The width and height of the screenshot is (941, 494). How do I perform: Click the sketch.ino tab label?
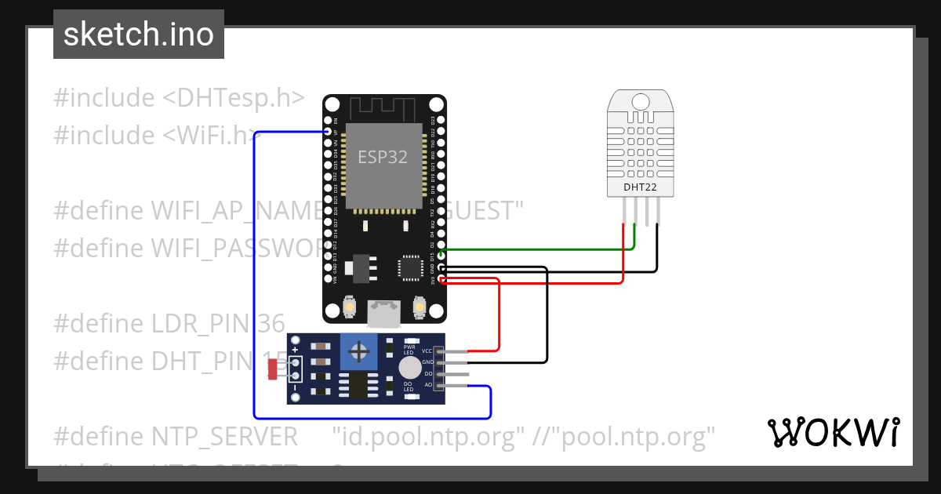(x=138, y=35)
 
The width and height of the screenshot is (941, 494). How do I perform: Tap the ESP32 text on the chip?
(x=383, y=157)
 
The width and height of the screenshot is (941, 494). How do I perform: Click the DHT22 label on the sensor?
(x=640, y=187)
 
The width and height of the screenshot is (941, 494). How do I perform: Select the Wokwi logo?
(x=833, y=432)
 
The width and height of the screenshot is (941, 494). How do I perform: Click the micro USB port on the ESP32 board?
(x=385, y=314)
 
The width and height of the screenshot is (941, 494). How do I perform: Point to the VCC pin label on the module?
(x=427, y=351)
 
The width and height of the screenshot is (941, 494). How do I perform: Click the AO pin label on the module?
(x=428, y=385)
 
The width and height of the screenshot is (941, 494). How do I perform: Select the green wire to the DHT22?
(x=541, y=249)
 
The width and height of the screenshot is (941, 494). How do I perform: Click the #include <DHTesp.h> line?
(x=179, y=98)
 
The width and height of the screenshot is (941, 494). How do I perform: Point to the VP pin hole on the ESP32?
(x=329, y=133)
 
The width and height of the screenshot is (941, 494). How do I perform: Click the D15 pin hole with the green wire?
(x=441, y=256)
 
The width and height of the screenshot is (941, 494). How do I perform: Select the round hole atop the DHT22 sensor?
(x=641, y=101)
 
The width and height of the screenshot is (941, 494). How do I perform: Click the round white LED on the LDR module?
(x=409, y=367)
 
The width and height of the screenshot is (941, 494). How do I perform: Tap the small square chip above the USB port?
(x=410, y=267)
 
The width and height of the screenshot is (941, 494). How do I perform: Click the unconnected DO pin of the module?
(x=459, y=374)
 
